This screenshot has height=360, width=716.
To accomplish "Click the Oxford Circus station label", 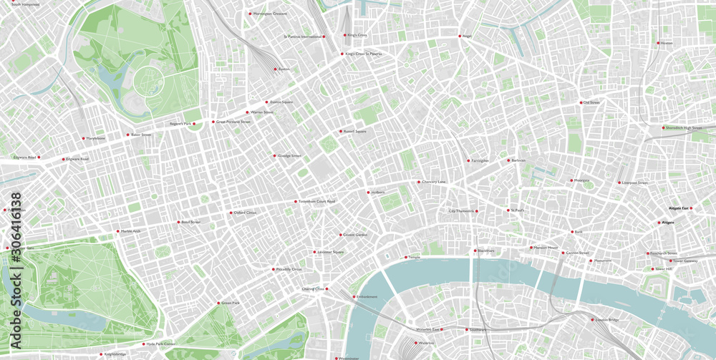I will point(245,213).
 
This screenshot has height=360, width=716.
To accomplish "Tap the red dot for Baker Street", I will point(128,135).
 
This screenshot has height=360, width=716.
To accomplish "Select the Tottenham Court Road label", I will point(316,201).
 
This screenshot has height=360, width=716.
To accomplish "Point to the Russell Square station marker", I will point(340,132).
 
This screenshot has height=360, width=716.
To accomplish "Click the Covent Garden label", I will point(355,235).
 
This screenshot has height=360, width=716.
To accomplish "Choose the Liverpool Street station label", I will point(635,183).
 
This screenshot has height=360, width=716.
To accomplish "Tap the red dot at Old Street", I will point(581,102).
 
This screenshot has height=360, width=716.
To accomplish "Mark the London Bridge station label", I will point(607,319).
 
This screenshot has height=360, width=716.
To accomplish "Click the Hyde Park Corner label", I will point(160,344).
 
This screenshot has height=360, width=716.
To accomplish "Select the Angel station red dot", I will point(460,36).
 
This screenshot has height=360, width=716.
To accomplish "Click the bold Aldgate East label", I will point(678,208).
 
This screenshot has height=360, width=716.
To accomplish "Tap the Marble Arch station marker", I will point(118,231).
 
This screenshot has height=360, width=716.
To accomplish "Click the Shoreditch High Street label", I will point(684,128).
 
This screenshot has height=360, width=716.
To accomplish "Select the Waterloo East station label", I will point(427,329).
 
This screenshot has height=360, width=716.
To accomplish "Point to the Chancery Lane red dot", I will point(419,182).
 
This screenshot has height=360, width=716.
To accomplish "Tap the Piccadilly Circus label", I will point(289,269).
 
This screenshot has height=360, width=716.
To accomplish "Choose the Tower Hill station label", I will point(664,269).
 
